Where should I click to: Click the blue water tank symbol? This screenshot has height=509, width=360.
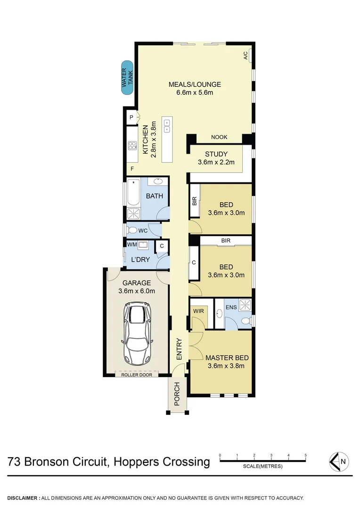tap(127, 78)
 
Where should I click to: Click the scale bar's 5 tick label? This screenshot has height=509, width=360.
tap(306, 455)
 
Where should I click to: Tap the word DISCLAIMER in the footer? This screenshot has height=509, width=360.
tap(23, 498)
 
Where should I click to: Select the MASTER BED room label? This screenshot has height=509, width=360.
tap(228, 358)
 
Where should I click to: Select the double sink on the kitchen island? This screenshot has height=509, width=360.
tap(167, 125)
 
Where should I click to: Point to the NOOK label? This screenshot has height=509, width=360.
tap(219, 137)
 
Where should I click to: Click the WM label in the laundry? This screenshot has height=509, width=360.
tap(131, 245)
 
